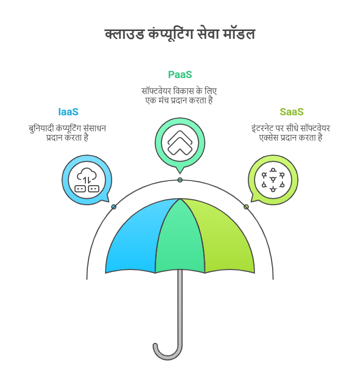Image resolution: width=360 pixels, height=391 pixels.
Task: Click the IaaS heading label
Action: tap(68, 112)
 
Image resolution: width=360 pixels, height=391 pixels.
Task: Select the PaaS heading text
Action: tap(180, 75)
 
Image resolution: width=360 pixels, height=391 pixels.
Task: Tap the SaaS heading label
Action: tap(292, 112)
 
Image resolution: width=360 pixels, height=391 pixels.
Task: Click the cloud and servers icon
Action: tap(87, 180)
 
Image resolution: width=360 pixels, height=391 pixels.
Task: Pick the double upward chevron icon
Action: tap(180, 143)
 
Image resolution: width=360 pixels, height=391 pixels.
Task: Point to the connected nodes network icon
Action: tap(273, 180)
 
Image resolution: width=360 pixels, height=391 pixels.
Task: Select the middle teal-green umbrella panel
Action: tap(180, 239)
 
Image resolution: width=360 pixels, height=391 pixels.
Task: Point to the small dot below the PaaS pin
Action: tap(180, 180)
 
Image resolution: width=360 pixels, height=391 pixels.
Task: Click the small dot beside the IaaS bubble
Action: tap(114, 207)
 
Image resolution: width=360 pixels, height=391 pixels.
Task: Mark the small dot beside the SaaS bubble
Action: tap(246, 207)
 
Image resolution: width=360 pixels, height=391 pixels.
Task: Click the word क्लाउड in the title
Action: tap(125, 34)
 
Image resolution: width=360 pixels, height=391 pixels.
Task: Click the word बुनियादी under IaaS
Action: tap(41, 129)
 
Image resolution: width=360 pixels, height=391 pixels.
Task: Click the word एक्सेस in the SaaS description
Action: tap(269, 138)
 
